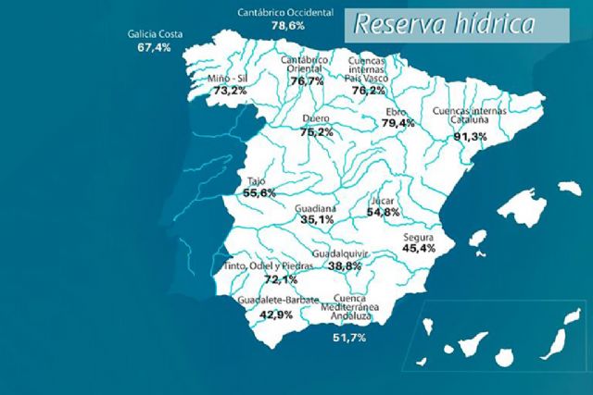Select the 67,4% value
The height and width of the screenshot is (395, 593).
155,47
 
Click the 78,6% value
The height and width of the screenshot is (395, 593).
288,26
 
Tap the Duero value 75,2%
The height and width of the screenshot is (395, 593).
318,132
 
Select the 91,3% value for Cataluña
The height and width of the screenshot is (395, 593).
470,136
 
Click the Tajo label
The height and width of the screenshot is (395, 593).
255,181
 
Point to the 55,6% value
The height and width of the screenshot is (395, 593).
259,193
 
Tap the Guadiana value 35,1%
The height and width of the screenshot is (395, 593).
316,220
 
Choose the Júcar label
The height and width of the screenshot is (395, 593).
383,200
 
